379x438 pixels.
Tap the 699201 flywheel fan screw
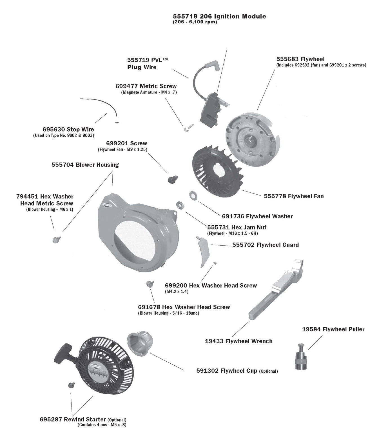(171, 179)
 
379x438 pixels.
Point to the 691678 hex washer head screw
(149, 284)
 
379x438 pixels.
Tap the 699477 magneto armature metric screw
(186, 128)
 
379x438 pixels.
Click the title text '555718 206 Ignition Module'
(219, 16)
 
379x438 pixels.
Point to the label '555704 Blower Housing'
(85, 165)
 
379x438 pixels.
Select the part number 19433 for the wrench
(214, 341)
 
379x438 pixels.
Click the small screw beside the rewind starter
(71, 384)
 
